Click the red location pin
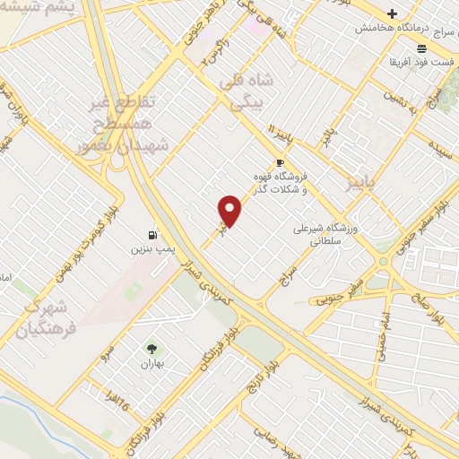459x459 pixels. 230,211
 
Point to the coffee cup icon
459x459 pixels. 281,162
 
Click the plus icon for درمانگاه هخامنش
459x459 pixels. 392,13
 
